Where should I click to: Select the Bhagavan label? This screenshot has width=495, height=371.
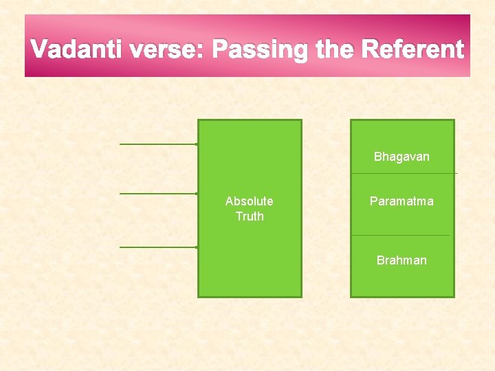click(x=401, y=157)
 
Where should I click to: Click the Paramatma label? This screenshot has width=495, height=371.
click(x=401, y=201)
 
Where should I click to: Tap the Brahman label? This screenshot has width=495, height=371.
click(x=401, y=260)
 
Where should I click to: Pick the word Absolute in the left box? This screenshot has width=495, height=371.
click(x=249, y=201)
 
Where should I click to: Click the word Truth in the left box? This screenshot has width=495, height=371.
click(x=249, y=216)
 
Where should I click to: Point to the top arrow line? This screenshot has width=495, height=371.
click(x=158, y=144)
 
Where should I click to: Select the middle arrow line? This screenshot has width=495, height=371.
click(x=158, y=194)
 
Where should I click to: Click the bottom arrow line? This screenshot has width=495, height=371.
click(x=158, y=247)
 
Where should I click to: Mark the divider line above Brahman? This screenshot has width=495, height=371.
click(x=402, y=236)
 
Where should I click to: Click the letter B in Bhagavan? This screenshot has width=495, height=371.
click(x=377, y=157)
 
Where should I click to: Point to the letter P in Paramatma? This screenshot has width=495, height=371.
click(x=373, y=201)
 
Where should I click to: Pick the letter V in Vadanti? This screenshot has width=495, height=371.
click(x=40, y=50)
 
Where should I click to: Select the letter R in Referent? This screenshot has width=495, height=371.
click(x=370, y=50)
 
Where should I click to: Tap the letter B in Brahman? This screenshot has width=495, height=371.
click(x=380, y=260)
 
